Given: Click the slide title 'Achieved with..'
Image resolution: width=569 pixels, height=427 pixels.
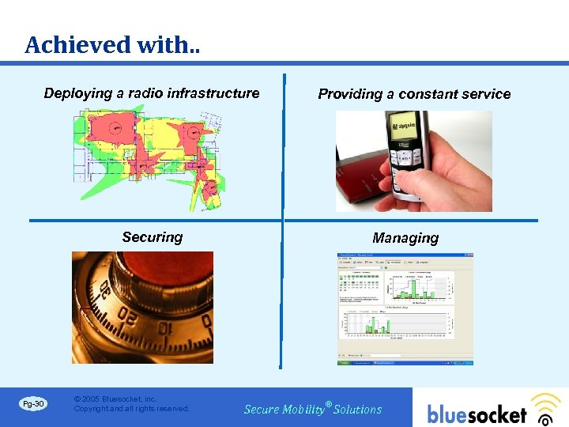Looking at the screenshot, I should (111, 45).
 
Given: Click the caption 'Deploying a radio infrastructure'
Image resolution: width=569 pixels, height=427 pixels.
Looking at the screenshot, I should (152, 93).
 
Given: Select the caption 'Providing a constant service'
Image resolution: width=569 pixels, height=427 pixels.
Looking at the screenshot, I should (414, 94).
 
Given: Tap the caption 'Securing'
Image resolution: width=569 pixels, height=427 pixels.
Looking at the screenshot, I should (152, 237).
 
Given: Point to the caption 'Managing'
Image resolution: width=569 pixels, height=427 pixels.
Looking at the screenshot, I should (405, 238).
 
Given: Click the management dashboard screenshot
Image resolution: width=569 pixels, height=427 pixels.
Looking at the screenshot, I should (405, 308).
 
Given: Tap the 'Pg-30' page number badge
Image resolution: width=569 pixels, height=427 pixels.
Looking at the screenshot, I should (33, 404).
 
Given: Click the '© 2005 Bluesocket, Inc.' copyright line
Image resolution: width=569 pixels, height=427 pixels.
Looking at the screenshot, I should (115, 399).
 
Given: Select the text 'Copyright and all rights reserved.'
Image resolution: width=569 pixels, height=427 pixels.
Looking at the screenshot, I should (131, 409).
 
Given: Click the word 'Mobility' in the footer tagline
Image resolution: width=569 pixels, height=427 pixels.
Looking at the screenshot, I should (303, 410).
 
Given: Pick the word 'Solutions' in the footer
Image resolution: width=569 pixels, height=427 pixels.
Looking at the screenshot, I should (357, 410).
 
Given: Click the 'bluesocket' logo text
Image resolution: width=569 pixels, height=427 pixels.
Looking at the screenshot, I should (477, 414).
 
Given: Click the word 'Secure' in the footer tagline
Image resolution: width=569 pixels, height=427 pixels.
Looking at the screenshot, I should (262, 410).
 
